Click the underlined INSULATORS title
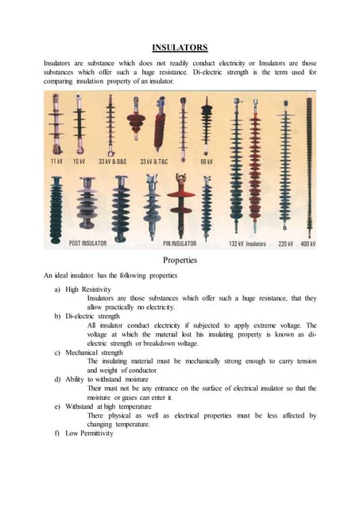[x=180, y=48]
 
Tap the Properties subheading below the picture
[x=180, y=260]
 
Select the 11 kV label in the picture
[x=56, y=161]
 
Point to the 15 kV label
[x=79, y=161]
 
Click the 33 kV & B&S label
[x=113, y=161]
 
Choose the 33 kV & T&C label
[x=154, y=161]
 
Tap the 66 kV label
[x=207, y=161]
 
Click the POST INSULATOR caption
[x=88, y=243]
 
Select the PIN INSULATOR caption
[x=180, y=243]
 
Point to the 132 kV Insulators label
[x=247, y=244]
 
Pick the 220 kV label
[x=286, y=244]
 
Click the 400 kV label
[x=308, y=244]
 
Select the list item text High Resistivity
[x=88, y=289]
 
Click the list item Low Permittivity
[x=90, y=433]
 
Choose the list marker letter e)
[x=57, y=406]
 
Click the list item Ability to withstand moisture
[x=106, y=379]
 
